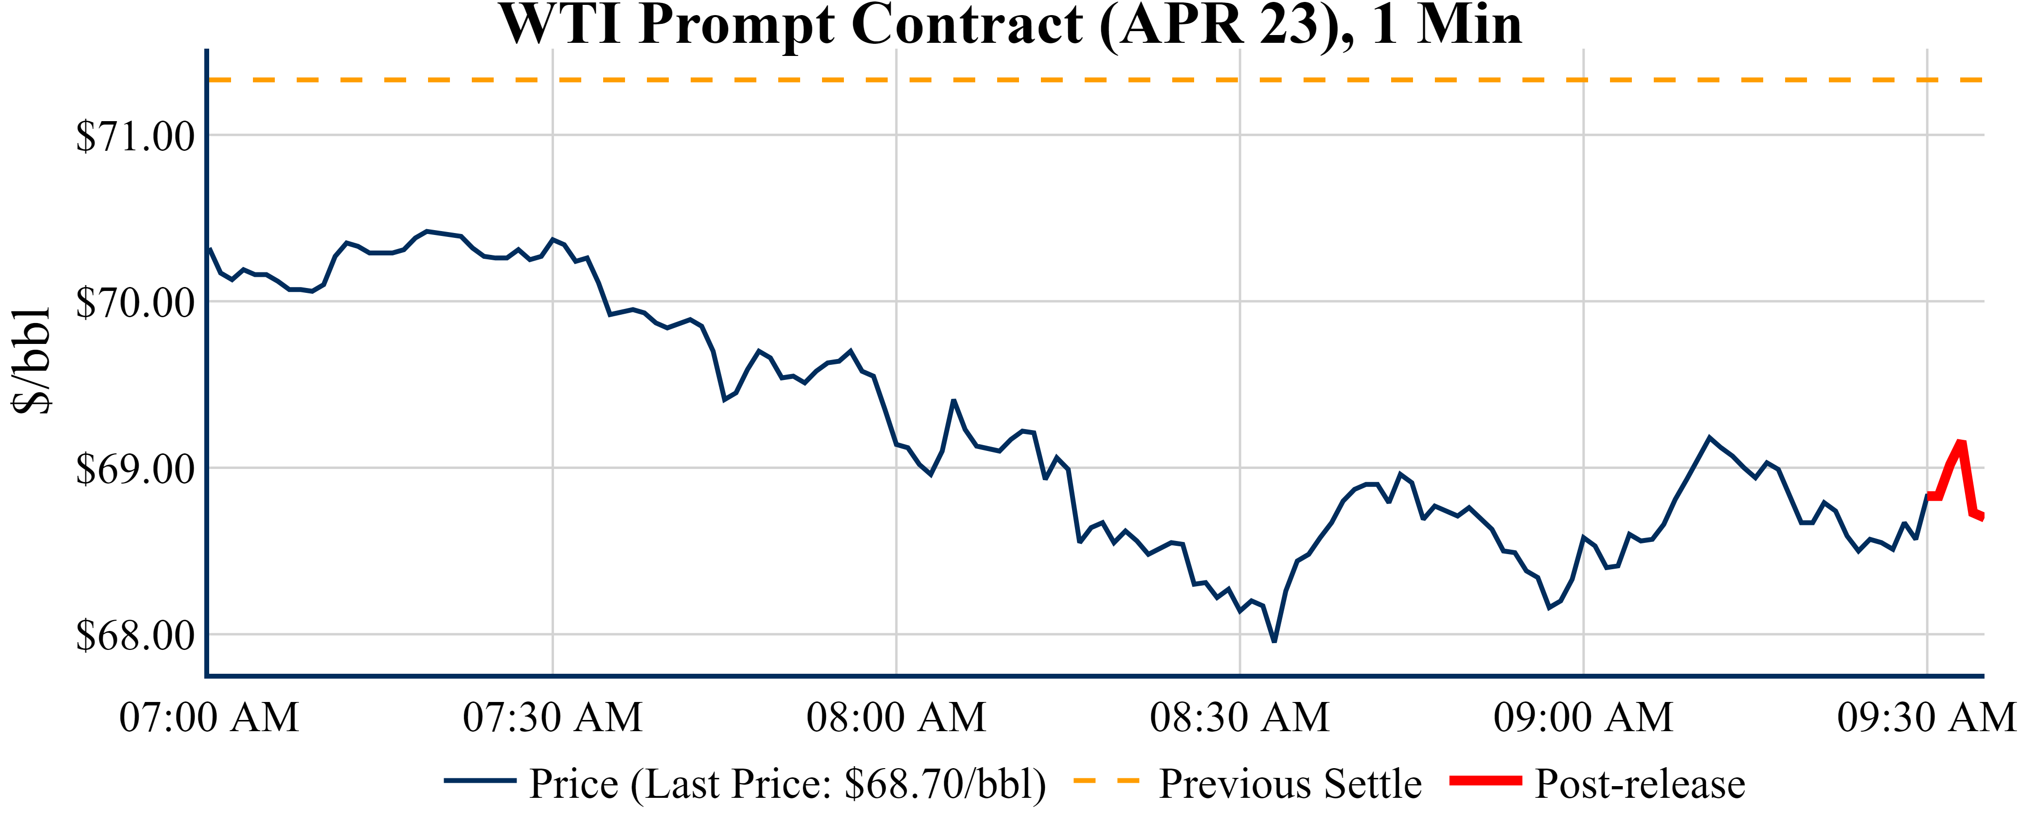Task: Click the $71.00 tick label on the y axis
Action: click(x=135, y=137)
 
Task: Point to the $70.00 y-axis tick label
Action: click(x=135, y=303)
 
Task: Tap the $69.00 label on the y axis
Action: click(x=135, y=469)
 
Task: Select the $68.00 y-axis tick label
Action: click(x=135, y=635)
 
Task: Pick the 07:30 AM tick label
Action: click(x=553, y=717)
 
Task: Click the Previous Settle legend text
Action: click(x=1290, y=784)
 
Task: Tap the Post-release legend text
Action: click(x=1640, y=784)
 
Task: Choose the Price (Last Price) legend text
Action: click(x=787, y=784)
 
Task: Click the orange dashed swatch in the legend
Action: click(x=1106, y=781)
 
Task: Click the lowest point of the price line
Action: click(x=1274, y=641)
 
